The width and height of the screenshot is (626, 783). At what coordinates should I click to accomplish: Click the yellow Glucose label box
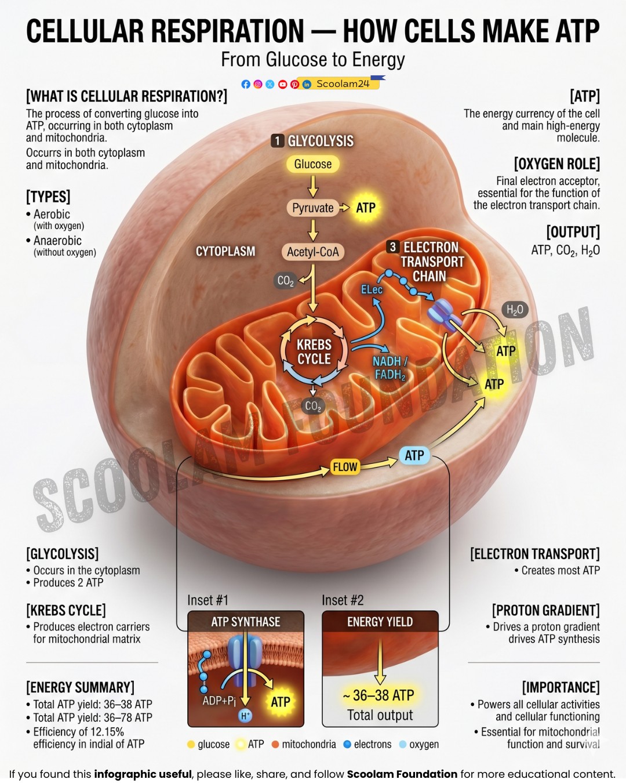[312, 164]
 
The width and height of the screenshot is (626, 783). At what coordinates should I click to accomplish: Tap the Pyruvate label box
[312, 208]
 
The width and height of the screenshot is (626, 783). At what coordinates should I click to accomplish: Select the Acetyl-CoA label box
[313, 251]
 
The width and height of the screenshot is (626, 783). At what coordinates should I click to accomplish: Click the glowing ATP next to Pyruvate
[366, 208]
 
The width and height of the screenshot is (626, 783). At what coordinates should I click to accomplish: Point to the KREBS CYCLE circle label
[314, 351]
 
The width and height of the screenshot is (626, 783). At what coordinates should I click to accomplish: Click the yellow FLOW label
[345, 467]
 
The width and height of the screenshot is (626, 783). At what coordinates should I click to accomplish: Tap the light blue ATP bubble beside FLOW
[414, 455]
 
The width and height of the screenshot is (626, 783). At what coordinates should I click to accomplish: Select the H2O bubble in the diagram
[515, 310]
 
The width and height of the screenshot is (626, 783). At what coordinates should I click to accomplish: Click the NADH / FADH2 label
[390, 368]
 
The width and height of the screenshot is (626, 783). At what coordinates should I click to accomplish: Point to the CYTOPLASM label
[225, 251]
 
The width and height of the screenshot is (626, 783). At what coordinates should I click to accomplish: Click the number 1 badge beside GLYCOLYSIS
[278, 141]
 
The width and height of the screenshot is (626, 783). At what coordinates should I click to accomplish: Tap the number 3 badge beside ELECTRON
[392, 247]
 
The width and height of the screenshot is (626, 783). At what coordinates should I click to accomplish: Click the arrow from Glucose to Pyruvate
[313, 186]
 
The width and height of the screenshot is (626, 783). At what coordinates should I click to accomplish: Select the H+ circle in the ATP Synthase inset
[245, 716]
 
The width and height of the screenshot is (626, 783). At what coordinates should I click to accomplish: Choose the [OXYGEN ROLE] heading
[556, 164]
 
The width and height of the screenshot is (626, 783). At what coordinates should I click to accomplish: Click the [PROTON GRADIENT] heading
[545, 611]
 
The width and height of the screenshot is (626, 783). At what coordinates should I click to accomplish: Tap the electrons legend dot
[347, 744]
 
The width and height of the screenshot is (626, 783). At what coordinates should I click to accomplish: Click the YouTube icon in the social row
[283, 85]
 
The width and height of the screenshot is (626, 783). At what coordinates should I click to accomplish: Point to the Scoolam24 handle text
[343, 84]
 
